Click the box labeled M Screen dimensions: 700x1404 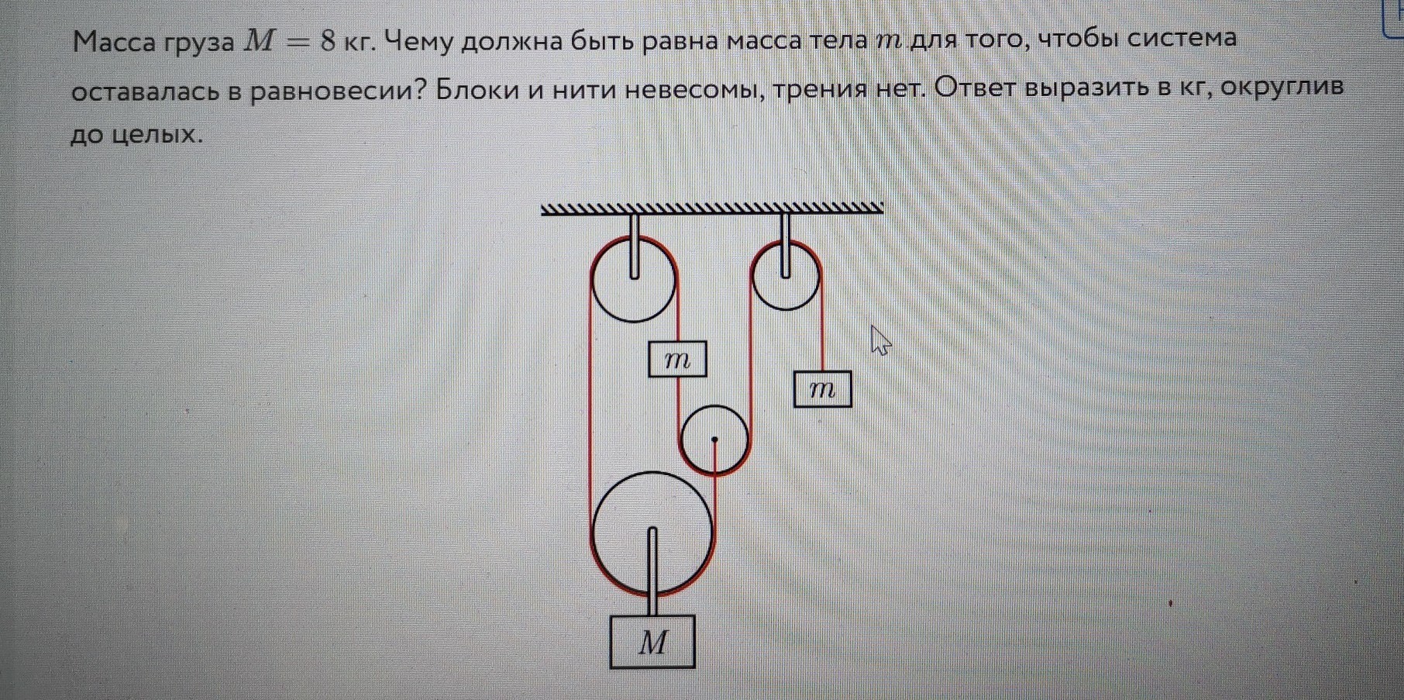pos(652,641)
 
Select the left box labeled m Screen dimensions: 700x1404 pos(677,359)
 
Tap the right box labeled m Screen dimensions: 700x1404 pos(822,389)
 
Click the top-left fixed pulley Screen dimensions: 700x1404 pos(634,280)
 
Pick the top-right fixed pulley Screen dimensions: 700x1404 pos(786,275)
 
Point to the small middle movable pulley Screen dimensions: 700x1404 pos(714,440)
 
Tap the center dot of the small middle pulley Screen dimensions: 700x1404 pos(714,440)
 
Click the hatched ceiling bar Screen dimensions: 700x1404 pos(711,208)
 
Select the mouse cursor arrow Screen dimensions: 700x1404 pos(879,340)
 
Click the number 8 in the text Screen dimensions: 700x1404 pos(327,41)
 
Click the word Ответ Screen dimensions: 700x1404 pos(976,88)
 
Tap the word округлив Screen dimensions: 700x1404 pos(1282,88)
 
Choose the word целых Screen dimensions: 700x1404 pos(157,136)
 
